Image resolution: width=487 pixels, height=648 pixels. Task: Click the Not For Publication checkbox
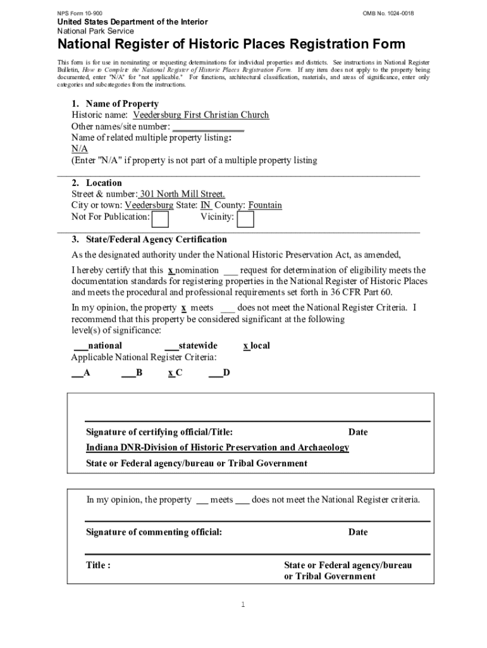[161, 219]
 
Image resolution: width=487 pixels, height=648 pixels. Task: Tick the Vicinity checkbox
[246, 219]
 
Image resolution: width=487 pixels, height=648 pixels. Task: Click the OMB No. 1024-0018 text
[388, 13]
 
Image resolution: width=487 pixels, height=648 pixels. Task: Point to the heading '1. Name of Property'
[114, 104]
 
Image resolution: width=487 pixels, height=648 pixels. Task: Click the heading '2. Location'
[96, 183]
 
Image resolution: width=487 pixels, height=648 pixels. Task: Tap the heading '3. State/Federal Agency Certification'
[149, 240]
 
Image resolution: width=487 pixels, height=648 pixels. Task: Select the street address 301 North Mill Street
[182, 194]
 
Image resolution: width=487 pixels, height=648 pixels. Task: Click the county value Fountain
[265, 206]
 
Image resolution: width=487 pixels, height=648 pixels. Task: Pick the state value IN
[206, 206]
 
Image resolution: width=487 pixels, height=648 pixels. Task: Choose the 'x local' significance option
[257, 346]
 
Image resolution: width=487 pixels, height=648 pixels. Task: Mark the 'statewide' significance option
[191, 346]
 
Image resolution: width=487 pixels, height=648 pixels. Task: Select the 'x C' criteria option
[175, 373]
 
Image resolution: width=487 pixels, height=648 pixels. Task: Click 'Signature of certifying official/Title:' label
[159, 432]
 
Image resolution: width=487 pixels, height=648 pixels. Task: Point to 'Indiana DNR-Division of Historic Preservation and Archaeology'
[218, 447]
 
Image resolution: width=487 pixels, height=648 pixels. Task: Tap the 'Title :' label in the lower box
[99, 565]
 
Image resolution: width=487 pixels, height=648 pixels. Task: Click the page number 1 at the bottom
[242, 605]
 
